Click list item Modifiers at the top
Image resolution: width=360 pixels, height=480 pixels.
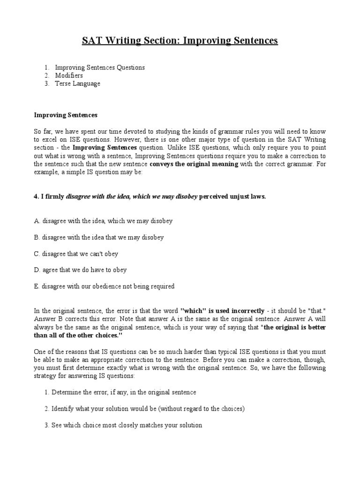[69, 75]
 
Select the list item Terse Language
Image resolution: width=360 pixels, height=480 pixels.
[77, 83]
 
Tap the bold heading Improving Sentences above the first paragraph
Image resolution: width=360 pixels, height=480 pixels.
[66, 115]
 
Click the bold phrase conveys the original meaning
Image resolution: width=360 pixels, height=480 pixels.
[194, 164]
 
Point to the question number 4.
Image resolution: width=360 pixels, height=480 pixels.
[36, 197]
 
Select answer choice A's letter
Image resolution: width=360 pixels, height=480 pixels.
[37, 221]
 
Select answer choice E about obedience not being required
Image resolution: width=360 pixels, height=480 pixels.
[104, 286]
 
